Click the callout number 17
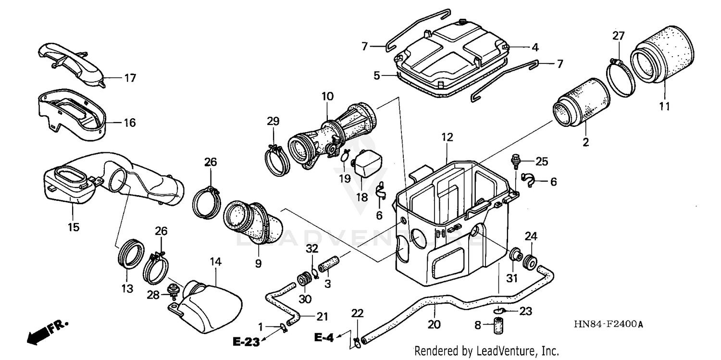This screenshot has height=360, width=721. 130,78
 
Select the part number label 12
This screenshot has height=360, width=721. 447,137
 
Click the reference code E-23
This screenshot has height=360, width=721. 246,342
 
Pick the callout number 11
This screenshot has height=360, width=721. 664,106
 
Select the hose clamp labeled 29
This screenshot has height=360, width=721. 276,161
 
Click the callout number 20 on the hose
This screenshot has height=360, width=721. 434,325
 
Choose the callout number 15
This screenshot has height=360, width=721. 74,226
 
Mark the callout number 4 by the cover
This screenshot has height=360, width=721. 535,47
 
